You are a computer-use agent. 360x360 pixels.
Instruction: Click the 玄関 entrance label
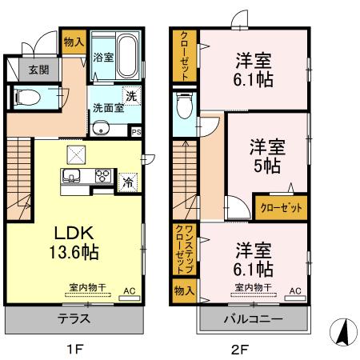click(x=17, y=70)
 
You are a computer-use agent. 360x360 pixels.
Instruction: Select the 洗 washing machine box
click(x=130, y=97)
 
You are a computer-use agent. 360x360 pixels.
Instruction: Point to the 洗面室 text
click(x=105, y=107)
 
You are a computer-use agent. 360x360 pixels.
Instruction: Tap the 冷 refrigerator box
click(x=127, y=182)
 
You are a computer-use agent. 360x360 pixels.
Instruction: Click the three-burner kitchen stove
click(x=104, y=176)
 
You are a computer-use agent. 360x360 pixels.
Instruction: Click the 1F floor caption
click(x=74, y=349)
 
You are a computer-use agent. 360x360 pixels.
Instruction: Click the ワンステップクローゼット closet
click(x=182, y=247)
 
